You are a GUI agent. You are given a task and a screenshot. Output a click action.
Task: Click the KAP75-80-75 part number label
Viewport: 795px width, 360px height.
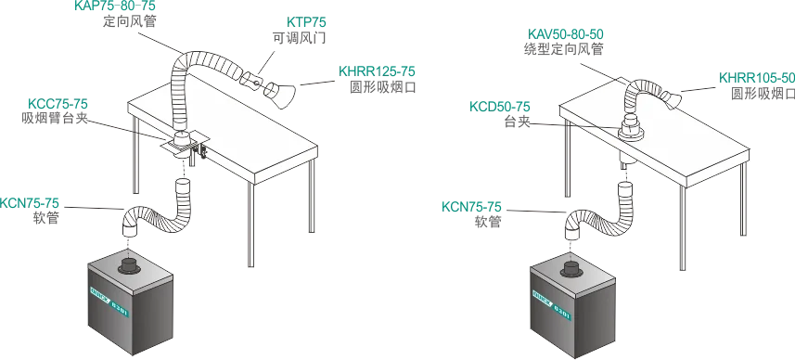pyautogui.click(x=115, y=6)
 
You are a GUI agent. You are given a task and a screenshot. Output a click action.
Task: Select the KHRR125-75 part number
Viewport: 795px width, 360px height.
pyautogui.click(x=377, y=71)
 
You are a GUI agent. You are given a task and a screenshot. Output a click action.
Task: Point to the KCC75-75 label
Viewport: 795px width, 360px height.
pyautogui.click(x=58, y=104)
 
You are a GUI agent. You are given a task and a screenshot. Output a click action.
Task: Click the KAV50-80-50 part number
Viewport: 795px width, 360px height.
pyautogui.click(x=565, y=34)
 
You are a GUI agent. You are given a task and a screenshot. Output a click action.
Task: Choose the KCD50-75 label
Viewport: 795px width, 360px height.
pyautogui.click(x=500, y=107)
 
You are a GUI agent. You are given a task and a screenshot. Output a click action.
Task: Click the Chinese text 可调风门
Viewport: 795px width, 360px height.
pyautogui.click(x=299, y=38)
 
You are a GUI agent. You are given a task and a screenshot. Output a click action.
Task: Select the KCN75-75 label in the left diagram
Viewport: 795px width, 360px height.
pyautogui.click(x=30, y=204)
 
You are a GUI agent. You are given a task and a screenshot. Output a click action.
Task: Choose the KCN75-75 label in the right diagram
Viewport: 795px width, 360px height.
pyautogui.click(x=471, y=207)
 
